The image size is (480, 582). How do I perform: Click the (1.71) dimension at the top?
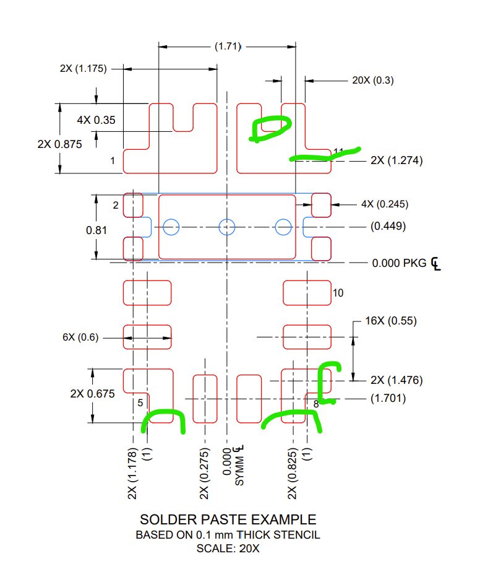(228, 46)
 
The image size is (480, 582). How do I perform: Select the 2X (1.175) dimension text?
(83, 69)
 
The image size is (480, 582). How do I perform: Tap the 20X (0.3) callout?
(373, 80)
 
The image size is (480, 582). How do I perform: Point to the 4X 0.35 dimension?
(96, 120)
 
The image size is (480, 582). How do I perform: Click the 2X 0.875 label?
(60, 144)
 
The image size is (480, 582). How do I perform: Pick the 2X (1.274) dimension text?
(396, 160)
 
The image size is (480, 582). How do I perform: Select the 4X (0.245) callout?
(385, 204)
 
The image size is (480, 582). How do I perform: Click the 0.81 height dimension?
(96, 230)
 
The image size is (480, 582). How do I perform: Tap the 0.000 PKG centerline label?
(406, 263)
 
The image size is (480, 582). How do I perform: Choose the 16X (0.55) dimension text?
(391, 321)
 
